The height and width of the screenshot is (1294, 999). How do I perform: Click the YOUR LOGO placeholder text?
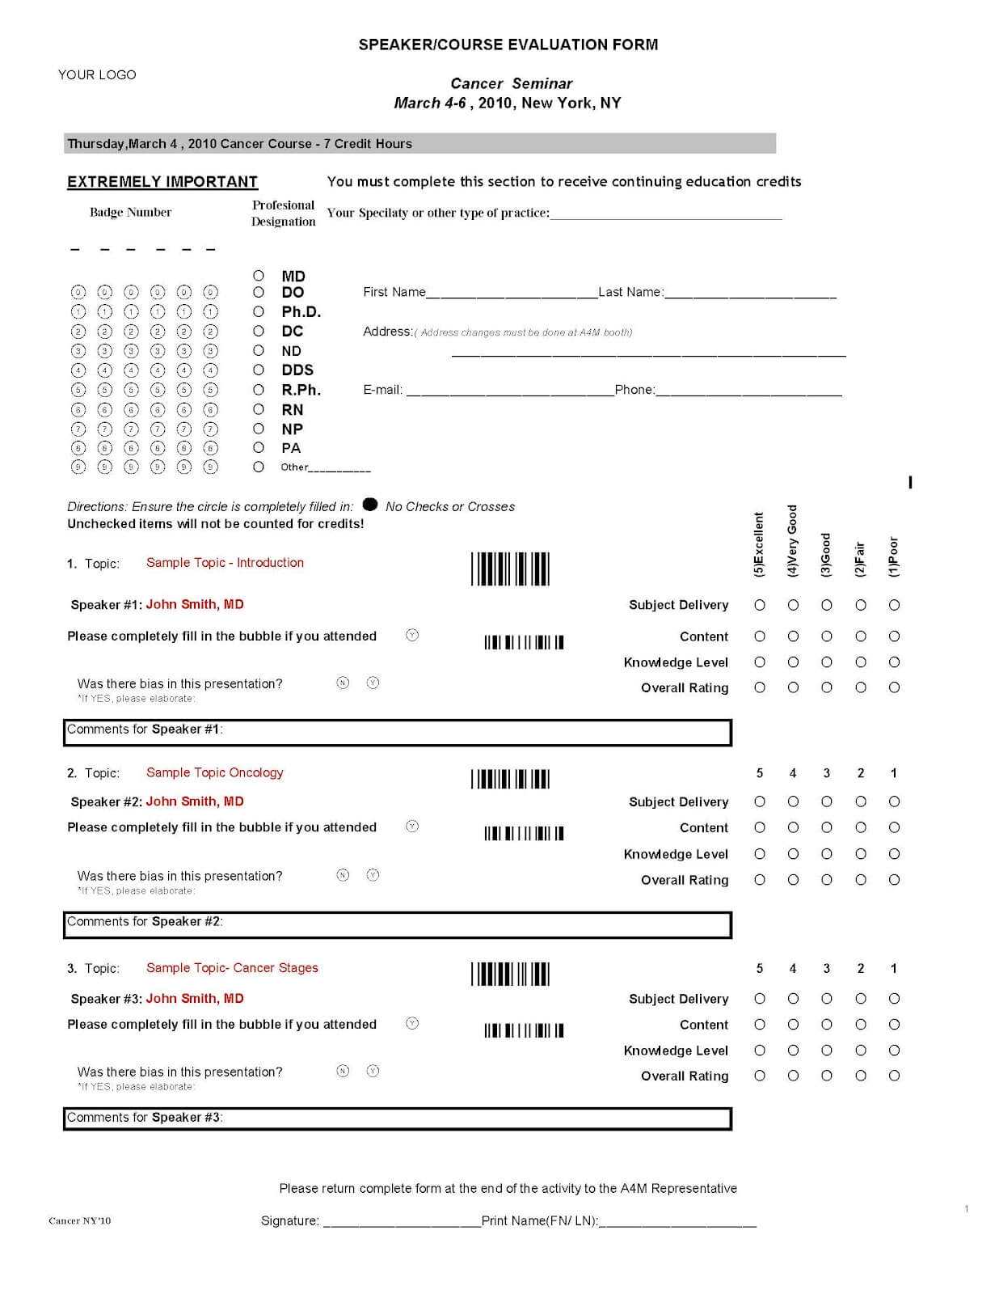97,74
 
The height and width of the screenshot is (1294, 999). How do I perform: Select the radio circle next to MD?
259,276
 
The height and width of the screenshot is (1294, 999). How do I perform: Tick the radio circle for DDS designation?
259,370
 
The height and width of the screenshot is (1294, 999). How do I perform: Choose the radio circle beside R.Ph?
259,389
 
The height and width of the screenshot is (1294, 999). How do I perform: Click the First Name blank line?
511,293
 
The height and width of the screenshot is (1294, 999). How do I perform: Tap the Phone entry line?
748,391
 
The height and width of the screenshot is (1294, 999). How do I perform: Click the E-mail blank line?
509,391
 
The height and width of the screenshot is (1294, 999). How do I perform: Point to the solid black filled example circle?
370,505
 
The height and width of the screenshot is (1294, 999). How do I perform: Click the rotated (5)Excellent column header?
758,543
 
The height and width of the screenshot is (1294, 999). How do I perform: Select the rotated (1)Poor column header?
893,556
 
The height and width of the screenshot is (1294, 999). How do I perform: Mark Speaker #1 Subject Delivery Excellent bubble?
760,605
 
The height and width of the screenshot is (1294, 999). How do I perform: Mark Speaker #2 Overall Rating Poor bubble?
894,880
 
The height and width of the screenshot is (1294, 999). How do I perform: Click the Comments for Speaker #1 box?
398,732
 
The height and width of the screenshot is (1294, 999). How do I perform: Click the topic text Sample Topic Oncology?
215,772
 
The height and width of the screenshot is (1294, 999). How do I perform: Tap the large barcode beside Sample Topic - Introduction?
510,569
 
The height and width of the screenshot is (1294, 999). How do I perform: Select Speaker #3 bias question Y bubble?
373,1071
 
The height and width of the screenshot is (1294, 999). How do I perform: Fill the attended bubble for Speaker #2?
412,827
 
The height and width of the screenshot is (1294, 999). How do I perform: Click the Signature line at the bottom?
402,1221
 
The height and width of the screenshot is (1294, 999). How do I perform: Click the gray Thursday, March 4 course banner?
419,144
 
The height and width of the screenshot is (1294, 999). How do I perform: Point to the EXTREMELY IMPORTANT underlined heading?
162,182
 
